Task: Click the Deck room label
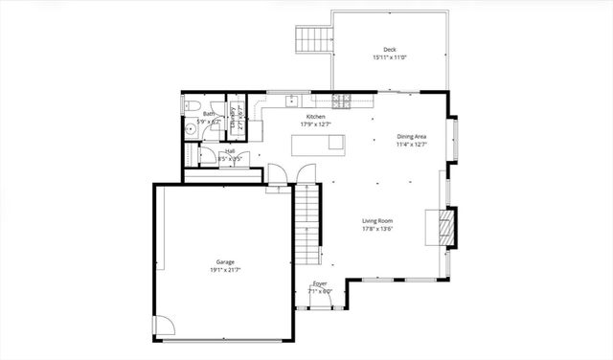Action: point(390,50)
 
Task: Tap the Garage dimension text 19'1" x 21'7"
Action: point(226,270)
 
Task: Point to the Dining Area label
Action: point(412,137)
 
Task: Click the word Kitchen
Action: point(303,117)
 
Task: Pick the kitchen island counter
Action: point(318,145)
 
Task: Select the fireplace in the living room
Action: point(446,227)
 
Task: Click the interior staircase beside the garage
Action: point(306,225)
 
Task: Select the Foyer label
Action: point(320,283)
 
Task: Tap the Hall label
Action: point(230,150)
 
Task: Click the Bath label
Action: point(209,114)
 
